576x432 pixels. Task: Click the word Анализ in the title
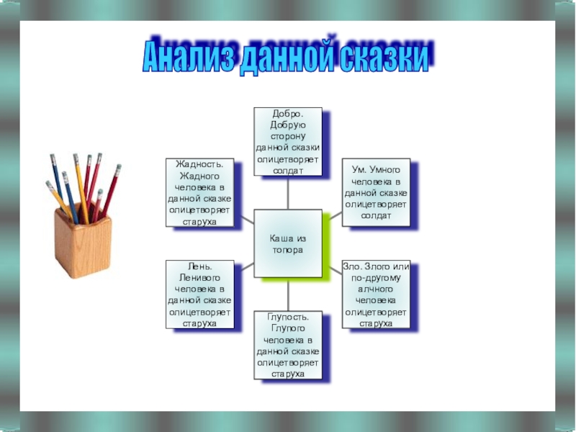click(x=185, y=56)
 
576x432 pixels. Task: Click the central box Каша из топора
click(x=287, y=244)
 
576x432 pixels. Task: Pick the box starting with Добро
click(x=287, y=142)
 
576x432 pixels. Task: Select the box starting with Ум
click(x=376, y=192)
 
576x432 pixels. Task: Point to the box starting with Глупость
click(x=287, y=346)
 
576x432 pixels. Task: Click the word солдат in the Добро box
click(x=287, y=171)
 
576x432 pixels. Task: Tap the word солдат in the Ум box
click(x=376, y=215)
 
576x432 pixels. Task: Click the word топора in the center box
click(x=287, y=250)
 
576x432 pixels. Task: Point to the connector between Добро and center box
click(x=287, y=193)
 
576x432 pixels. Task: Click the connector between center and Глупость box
click(x=287, y=295)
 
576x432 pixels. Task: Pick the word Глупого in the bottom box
click(x=287, y=328)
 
